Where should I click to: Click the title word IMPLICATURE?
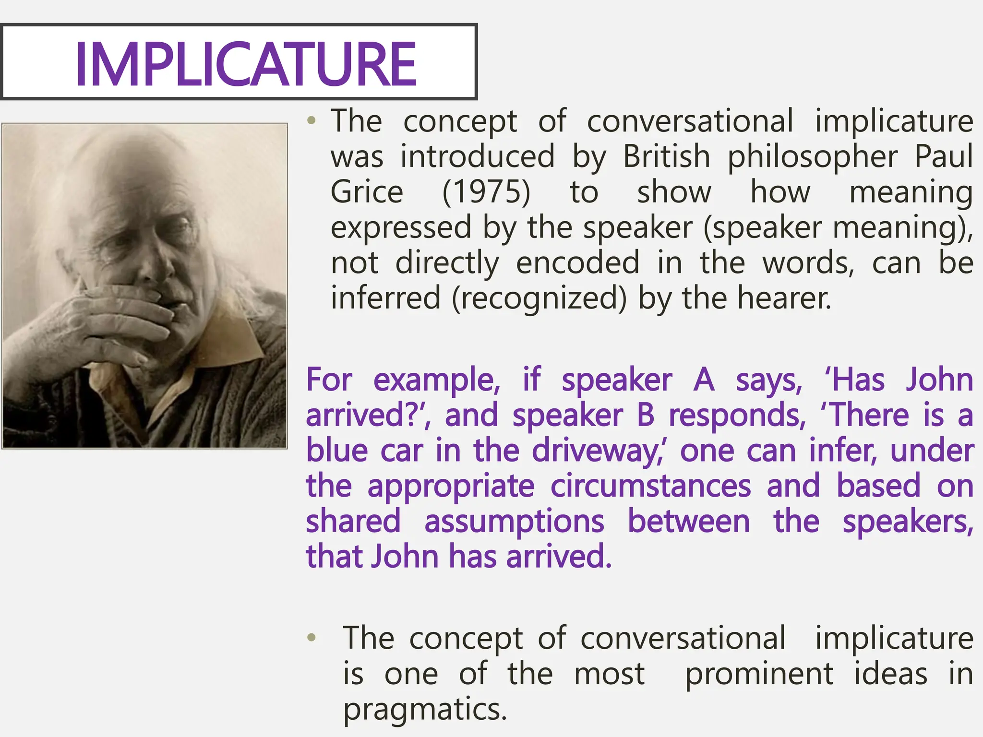pos(245,64)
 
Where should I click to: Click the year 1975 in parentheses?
pos(486,192)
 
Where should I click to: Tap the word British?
pos(666,156)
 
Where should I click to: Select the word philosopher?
pos(812,157)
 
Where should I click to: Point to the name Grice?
pos(367,192)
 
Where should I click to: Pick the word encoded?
pos(577,263)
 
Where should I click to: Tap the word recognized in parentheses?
pos(539,298)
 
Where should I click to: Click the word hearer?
pos(783,298)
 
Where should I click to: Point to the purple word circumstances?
pos(650,486)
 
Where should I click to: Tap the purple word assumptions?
pos(514,522)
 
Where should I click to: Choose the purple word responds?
pos(737,416)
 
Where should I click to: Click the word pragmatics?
pos(425,709)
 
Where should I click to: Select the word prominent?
pos(759,674)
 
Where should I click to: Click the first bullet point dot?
pos(312,121)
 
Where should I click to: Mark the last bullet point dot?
pos(312,638)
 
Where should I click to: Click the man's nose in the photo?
pos(158,269)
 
